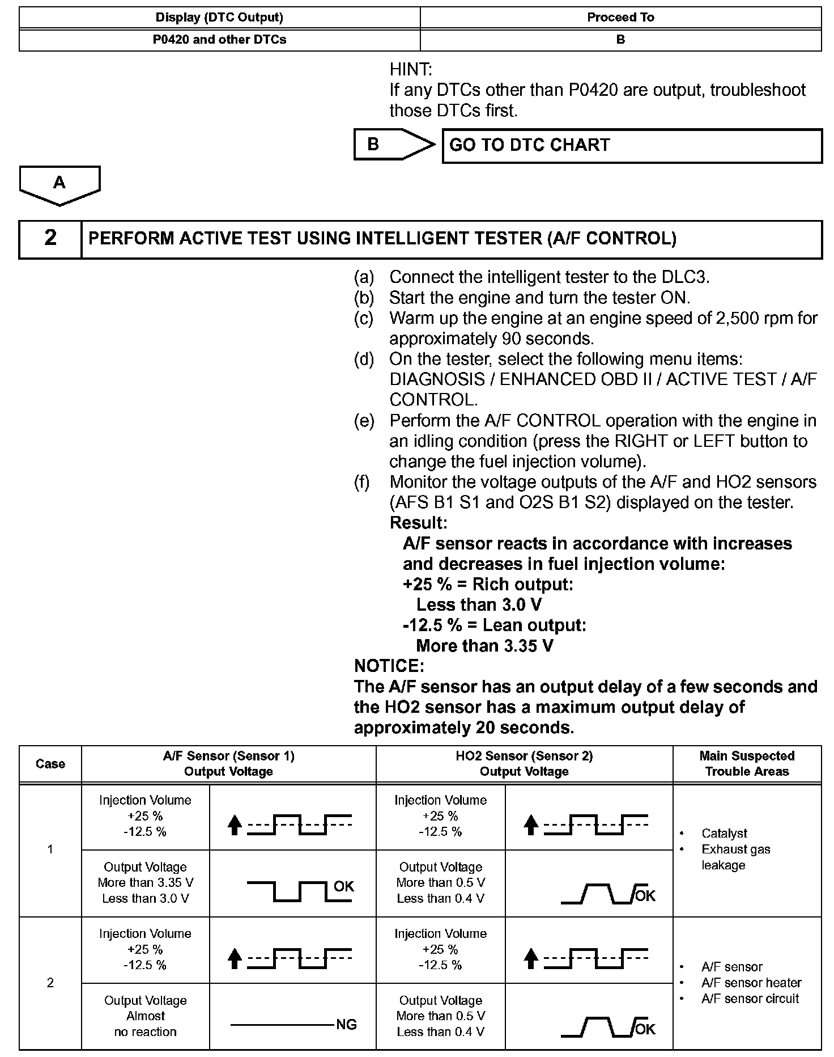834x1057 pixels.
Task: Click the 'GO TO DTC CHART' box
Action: point(631,146)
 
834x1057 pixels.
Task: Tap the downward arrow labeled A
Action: point(59,184)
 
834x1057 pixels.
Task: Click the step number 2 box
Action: point(50,239)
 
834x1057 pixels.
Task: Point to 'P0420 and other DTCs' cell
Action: point(220,40)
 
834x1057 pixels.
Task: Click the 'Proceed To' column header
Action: point(620,18)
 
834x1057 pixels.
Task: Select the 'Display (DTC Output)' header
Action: point(220,18)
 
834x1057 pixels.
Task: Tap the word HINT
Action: point(411,70)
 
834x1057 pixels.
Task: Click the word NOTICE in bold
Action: point(389,666)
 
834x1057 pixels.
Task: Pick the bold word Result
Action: point(418,522)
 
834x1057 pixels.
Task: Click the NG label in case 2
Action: point(346,1025)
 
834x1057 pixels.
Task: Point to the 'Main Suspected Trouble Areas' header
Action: point(747,763)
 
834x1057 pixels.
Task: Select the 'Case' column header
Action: point(50,764)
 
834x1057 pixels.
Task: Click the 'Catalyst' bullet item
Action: point(724,833)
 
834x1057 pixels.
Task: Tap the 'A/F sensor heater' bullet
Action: point(751,983)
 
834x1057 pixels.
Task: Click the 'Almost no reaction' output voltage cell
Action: point(146,1016)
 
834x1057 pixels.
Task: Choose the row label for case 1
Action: point(50,849)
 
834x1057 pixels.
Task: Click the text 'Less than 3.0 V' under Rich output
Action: point(479,605)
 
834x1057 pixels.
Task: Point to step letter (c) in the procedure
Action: point(364,319)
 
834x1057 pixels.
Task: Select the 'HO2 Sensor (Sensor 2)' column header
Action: point(524,763)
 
